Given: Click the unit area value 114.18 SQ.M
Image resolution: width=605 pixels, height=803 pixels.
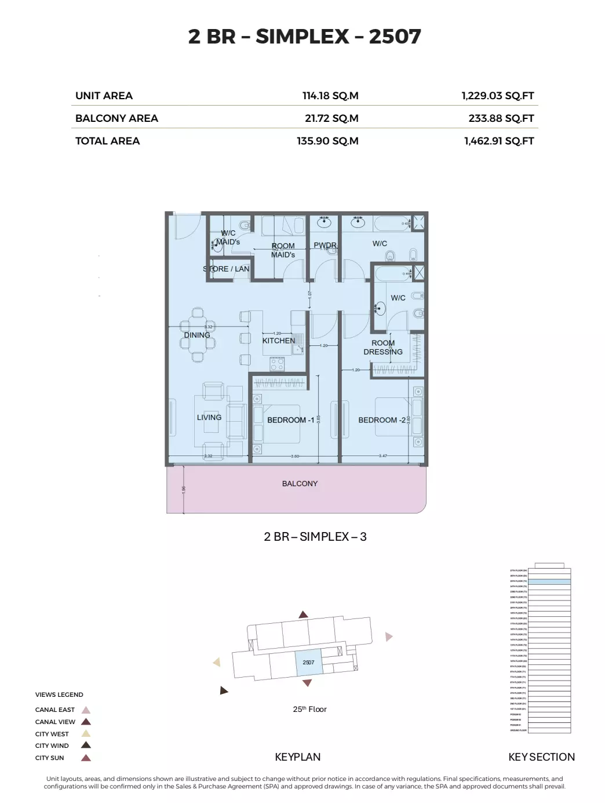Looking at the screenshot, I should coord(330,96).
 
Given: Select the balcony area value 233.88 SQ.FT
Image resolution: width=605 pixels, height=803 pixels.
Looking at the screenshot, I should coord(501,118).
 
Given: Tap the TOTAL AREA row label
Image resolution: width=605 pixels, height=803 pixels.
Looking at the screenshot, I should coord(107,141).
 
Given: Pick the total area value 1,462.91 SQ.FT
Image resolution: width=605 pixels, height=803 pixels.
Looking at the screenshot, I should coord(498,141).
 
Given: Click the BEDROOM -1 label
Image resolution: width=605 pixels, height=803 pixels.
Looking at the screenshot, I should coord(290,420).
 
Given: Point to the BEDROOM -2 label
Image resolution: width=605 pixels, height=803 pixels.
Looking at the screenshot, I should coord(382,420).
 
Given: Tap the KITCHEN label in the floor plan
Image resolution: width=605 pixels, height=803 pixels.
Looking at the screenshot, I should coord(278,341).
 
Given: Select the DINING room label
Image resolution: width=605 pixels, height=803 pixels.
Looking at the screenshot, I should coord(197,335).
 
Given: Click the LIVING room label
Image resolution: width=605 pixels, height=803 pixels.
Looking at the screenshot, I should coord(209,417).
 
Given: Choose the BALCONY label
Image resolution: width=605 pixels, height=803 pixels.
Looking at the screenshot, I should coord(300,483).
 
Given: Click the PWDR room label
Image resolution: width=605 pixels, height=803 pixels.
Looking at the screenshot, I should coord(325,245).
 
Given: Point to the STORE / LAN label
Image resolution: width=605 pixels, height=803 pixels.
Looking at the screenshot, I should coord(226,269).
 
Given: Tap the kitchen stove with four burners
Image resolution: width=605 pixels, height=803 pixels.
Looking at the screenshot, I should coord(277,364).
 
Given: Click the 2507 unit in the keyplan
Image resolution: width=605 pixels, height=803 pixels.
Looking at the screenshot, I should coord(308,663).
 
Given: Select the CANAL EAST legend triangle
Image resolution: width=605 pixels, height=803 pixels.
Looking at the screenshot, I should coord(86,710).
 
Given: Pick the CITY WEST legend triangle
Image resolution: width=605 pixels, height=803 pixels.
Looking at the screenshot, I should coord(86,734).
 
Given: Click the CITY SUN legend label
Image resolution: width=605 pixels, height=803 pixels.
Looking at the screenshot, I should coord(49,758).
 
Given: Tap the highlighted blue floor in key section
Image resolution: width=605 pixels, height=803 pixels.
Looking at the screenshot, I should coord(549,581).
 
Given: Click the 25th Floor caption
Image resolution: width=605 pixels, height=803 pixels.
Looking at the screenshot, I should coord(309,709).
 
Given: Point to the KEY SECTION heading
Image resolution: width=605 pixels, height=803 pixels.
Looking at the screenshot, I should coord(541,757).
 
